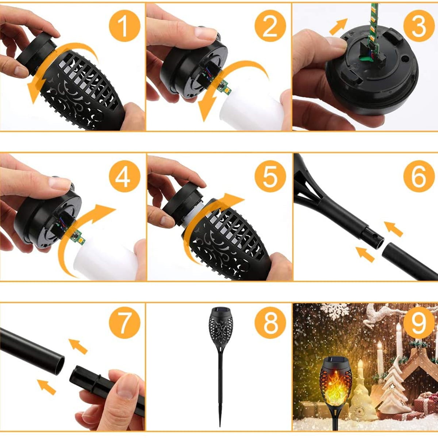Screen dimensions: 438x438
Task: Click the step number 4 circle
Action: pos(124,177)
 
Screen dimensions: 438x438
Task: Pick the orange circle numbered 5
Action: pos(270,177)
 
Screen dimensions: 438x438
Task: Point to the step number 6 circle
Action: pos(419,177)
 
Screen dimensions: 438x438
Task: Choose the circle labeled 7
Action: pos(124,323)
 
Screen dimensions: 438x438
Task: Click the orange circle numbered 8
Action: pos(270,323)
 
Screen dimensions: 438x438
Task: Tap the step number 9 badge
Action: pos(419,323)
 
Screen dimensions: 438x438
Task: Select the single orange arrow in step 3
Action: pos(338,26)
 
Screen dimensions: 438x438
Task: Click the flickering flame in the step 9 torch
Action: pos(336,387)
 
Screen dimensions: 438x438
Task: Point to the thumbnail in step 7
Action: pos(126,387)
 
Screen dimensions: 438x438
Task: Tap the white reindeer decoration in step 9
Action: pos(380,314)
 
